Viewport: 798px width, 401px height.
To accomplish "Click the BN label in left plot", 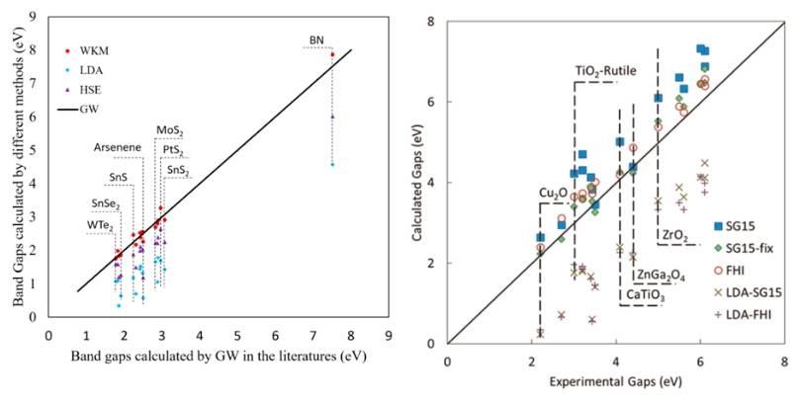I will click(x=316, y=40).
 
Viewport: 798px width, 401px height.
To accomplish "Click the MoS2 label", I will click(x=169, y=130).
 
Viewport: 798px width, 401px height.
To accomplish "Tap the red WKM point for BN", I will click(x=332, y=54).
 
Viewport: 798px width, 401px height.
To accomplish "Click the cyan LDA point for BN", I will click(x=332, y=164).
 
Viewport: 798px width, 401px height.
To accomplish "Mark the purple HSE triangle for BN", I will click(x=332, y=116).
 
